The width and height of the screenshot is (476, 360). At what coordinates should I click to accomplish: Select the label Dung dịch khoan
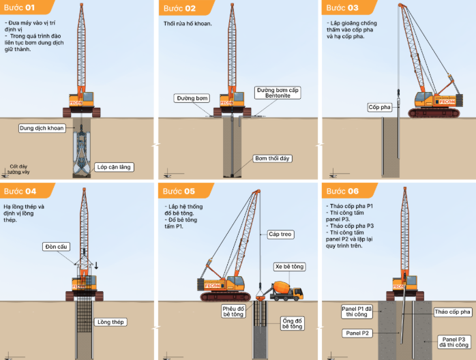41,127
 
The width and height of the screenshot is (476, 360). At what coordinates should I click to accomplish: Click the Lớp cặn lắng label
114,166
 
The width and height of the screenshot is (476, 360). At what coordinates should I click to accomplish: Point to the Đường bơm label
191,98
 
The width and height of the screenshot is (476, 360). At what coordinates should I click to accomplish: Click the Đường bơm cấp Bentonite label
277,93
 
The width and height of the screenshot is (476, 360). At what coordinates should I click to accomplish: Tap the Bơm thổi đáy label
273,158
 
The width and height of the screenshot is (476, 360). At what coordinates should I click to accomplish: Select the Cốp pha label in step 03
379,108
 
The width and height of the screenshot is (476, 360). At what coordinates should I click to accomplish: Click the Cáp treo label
280,234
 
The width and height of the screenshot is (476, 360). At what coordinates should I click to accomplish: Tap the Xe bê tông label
288,266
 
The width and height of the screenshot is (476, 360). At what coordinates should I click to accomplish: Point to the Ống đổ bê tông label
293,322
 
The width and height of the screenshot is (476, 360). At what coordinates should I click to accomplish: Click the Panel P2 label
357,333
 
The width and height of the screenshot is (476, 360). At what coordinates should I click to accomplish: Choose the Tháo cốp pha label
453,312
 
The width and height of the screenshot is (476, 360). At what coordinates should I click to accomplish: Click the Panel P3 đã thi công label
453,342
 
